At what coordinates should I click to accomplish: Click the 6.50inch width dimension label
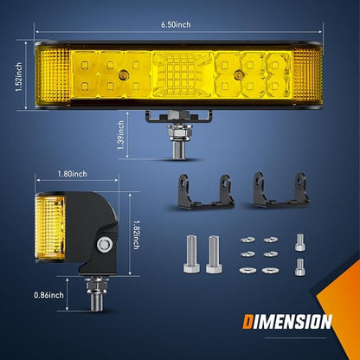(x=176, y=25)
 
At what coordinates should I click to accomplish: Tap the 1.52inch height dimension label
(x=19, y=77)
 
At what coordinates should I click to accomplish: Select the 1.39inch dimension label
(x=120, y=135)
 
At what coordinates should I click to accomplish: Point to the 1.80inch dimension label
(x=72, y=174)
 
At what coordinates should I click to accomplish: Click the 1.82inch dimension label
(x=137, y=235)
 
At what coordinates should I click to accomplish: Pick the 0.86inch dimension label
(x=48, y=295)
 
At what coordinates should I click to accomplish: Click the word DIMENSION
(x=287, y=322)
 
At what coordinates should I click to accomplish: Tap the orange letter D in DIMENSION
(x=247, y=322)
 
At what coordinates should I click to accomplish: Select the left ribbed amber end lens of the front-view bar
(x=54, y=76)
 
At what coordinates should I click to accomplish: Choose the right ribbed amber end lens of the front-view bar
(x=307, y=76)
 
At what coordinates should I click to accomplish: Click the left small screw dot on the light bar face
(x=123, y=74)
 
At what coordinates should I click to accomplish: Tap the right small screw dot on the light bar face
(x=238, y=74)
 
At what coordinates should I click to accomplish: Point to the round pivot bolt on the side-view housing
(x=104, y=245)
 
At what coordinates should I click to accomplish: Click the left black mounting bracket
(x=206, y=191)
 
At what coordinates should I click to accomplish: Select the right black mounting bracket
(x=280, y=190)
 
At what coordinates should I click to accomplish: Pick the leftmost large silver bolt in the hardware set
(x=191, y=254)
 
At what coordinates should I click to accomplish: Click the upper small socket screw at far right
(x=300, y=242)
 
